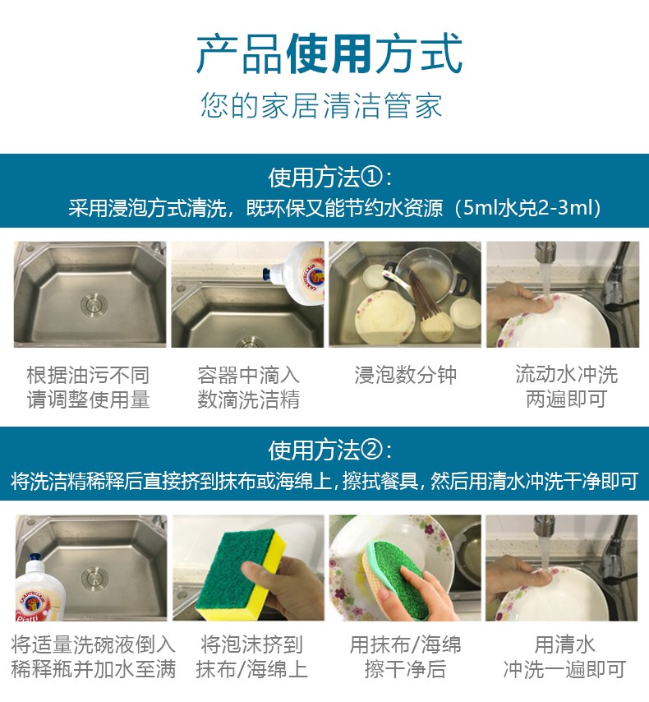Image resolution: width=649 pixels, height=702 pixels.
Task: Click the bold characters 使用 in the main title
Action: (x=329, y=53)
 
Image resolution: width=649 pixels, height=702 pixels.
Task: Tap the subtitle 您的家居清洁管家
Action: (x=321, y=106)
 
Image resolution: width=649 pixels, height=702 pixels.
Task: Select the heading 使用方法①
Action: (x=330, y=178)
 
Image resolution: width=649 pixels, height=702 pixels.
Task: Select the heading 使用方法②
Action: (x=330, y=450)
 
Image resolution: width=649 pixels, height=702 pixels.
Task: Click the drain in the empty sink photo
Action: (x=94, y=304)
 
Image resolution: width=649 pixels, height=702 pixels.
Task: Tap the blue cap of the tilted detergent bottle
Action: (x=267, y=272)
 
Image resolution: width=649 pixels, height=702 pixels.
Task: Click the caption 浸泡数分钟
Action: (x=406, y=375)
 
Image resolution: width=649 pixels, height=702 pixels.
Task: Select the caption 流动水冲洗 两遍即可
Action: (x=566, y=386)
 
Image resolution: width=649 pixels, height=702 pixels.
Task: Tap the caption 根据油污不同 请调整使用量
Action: (x=88, y=387)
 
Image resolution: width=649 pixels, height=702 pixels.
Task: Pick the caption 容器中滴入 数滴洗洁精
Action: (x=248, y=387)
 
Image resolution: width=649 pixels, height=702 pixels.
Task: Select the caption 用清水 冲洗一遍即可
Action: (x=564, y=658)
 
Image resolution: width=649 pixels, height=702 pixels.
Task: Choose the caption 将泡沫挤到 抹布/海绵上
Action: (x=251, y=658)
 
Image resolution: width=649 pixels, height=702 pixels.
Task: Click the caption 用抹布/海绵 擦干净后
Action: (x=406, y=658)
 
